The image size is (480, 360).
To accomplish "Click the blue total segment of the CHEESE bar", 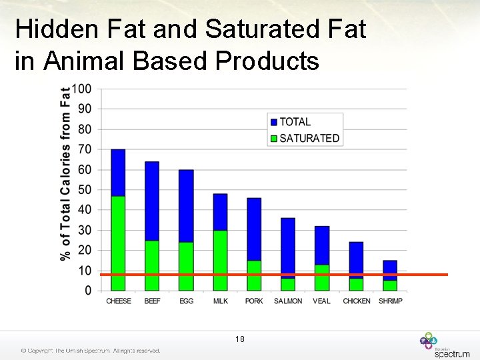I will (118, 172).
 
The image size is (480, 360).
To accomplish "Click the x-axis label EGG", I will (187, 301).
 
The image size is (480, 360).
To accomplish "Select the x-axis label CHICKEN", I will (357, 301).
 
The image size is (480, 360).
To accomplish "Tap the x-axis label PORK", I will (254, 301).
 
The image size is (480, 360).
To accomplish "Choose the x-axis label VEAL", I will (322, 301).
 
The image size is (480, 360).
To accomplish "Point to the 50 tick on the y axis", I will (85, 190).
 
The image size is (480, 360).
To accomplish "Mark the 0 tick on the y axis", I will (88, 291).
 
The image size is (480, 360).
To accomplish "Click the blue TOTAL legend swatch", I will (273, 122).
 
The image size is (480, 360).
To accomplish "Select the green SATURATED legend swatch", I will (273, 138).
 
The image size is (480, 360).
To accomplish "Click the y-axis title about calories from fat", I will (65, 173).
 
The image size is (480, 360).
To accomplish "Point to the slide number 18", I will (240, 339).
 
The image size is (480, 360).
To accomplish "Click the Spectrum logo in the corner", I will (444, 345).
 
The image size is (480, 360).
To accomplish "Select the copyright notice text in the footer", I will (91, 351).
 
